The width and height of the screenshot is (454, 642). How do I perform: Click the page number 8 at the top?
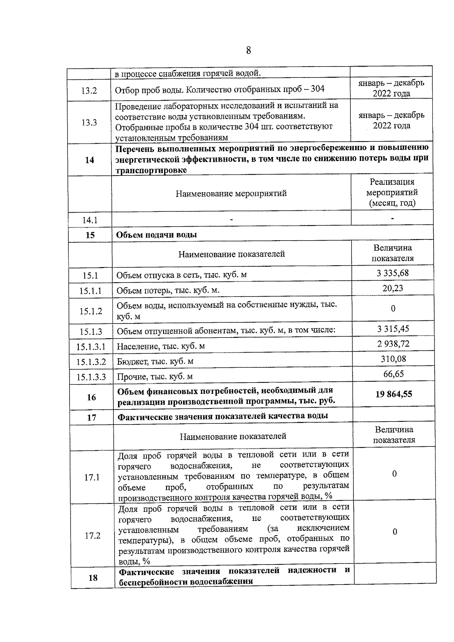pos(248,50)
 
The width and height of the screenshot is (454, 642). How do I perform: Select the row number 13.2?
pos(89,91)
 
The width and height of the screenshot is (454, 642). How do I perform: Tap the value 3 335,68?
pos(392,273)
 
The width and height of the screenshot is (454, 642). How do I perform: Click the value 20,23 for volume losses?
pos(392,288)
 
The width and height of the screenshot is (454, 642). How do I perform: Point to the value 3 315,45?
pos(393,329)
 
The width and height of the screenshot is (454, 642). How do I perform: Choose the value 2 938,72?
pos(393,344)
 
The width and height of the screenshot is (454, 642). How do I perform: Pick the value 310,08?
pos(393,359)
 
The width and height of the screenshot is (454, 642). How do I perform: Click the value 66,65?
pos(393,374)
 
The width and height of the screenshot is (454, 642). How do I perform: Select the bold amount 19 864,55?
pos(393,394)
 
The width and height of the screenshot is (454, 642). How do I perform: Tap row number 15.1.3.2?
pos(91,362)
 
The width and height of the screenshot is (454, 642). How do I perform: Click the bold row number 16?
pos(91,397)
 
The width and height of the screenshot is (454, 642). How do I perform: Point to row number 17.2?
pos(92,536)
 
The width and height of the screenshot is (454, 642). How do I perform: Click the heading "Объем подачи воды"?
pos(156,235)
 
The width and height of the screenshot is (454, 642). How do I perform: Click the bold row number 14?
pos(89,160)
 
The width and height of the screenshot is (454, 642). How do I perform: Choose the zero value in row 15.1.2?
pos(393,309)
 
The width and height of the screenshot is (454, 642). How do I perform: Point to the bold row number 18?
pos(93,578)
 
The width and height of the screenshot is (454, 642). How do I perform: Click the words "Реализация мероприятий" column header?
pos(392,187)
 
